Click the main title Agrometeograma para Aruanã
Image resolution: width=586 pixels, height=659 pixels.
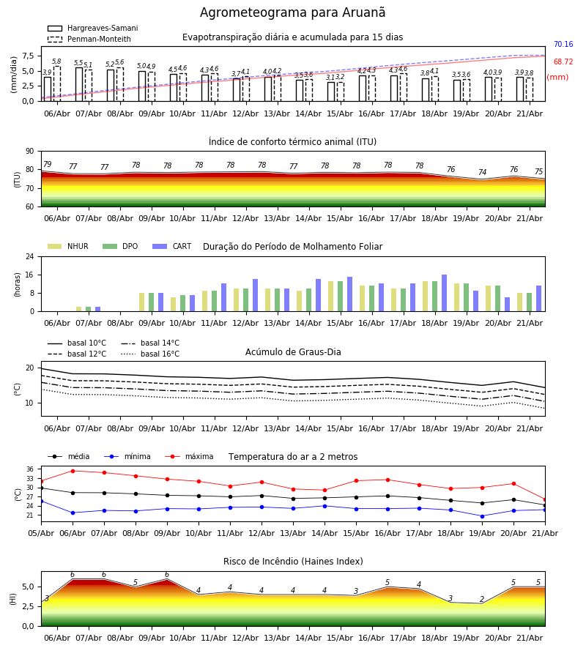(x=292, y=12)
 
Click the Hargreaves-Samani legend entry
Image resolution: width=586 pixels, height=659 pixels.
(x=92, y=28)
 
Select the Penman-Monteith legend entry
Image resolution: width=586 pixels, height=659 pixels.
(x=89, y=39)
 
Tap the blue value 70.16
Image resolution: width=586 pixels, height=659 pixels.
(x=563, y=44)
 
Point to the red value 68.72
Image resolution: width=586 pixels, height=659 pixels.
(x=563, y=62)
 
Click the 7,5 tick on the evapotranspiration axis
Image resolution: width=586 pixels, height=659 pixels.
(x=28, y=56)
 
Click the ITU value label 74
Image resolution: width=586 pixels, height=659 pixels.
(x=482, y=172)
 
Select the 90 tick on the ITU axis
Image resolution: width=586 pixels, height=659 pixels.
(x=30, y=152)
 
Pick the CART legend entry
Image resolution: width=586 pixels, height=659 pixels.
(x=172, y=246)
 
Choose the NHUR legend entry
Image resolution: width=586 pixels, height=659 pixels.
(x=68, y=246)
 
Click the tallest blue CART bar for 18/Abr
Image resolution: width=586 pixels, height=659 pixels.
(x=445, y=293)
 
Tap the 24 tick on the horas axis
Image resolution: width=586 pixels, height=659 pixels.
(x=30, y=256)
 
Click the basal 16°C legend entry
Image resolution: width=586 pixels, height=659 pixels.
(x=150, y=354)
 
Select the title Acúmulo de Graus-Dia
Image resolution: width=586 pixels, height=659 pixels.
(x=293, y=352)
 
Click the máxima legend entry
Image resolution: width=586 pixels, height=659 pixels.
(x=189, y=456)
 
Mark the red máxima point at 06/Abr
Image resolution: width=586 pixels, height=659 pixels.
(x=73, y=471)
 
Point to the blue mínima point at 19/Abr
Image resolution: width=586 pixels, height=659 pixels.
(x=482, y=516)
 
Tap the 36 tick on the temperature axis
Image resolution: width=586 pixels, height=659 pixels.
(x=30, y=469)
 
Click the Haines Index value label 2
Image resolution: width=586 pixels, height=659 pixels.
(x=482, y=599)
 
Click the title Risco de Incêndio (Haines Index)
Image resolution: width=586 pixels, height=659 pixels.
(x=293, y=562)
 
